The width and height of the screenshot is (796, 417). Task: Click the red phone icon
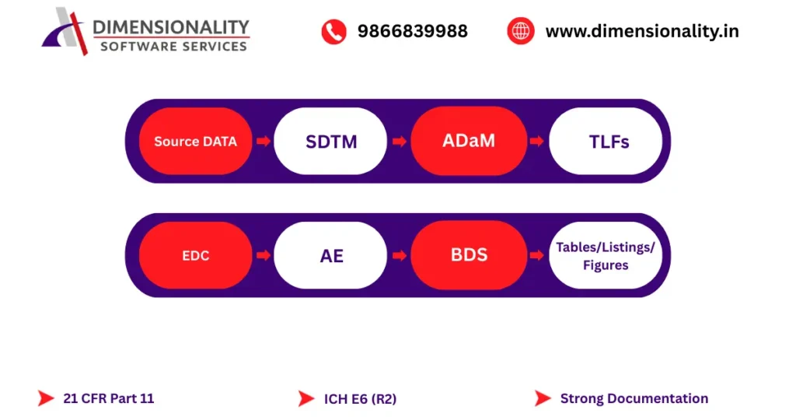click(x=333, y=31)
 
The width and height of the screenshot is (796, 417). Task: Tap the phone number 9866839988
click(x=412, y=31)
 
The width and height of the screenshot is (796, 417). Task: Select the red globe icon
click(x=520, y=31)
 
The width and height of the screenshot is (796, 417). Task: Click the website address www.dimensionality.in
click(x=642, y=31)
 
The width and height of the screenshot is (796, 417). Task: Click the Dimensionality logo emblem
click(x=65, y=30)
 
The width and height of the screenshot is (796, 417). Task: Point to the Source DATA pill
click(x=195, y=142)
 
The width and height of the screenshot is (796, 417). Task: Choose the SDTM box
click(x=330, y=142)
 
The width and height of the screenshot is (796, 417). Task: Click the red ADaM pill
click(x=468, y=141)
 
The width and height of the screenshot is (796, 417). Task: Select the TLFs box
click(x=606, y=142)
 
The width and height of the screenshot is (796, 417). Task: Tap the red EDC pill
click(x=195, y=255)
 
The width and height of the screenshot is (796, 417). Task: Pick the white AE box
click(x=330, y=255)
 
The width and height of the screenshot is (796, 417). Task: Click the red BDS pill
click(x=468, y=255)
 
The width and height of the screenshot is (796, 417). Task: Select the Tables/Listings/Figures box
click(x=606, y=255)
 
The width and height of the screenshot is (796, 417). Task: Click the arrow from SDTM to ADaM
click(x=399, y=142)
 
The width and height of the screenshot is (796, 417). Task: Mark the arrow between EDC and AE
click(x=263, y=255)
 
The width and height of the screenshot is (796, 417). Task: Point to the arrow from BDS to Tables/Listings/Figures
click(x=536, y=255)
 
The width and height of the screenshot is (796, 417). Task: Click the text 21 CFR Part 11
click(x=109, y=398)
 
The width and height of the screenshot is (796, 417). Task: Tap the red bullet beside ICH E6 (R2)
click(x=305, y=398)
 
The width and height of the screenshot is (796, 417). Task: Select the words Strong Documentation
click(x=634, y=398)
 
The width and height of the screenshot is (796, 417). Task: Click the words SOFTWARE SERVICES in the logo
click(x=173, y=46)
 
